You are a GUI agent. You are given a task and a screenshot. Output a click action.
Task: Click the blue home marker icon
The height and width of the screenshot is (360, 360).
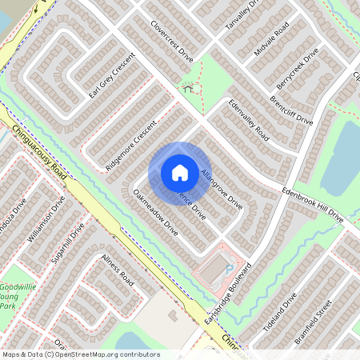179,172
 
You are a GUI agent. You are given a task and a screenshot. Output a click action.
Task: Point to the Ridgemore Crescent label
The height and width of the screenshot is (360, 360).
130,145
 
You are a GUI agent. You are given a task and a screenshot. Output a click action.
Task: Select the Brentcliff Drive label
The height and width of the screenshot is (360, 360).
291,110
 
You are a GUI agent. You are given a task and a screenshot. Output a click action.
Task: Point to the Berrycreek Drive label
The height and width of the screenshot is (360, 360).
297,68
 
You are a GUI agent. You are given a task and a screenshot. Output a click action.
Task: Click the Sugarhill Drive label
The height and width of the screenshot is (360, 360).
68,245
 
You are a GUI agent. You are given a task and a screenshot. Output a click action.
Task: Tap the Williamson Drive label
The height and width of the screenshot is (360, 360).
46,218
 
